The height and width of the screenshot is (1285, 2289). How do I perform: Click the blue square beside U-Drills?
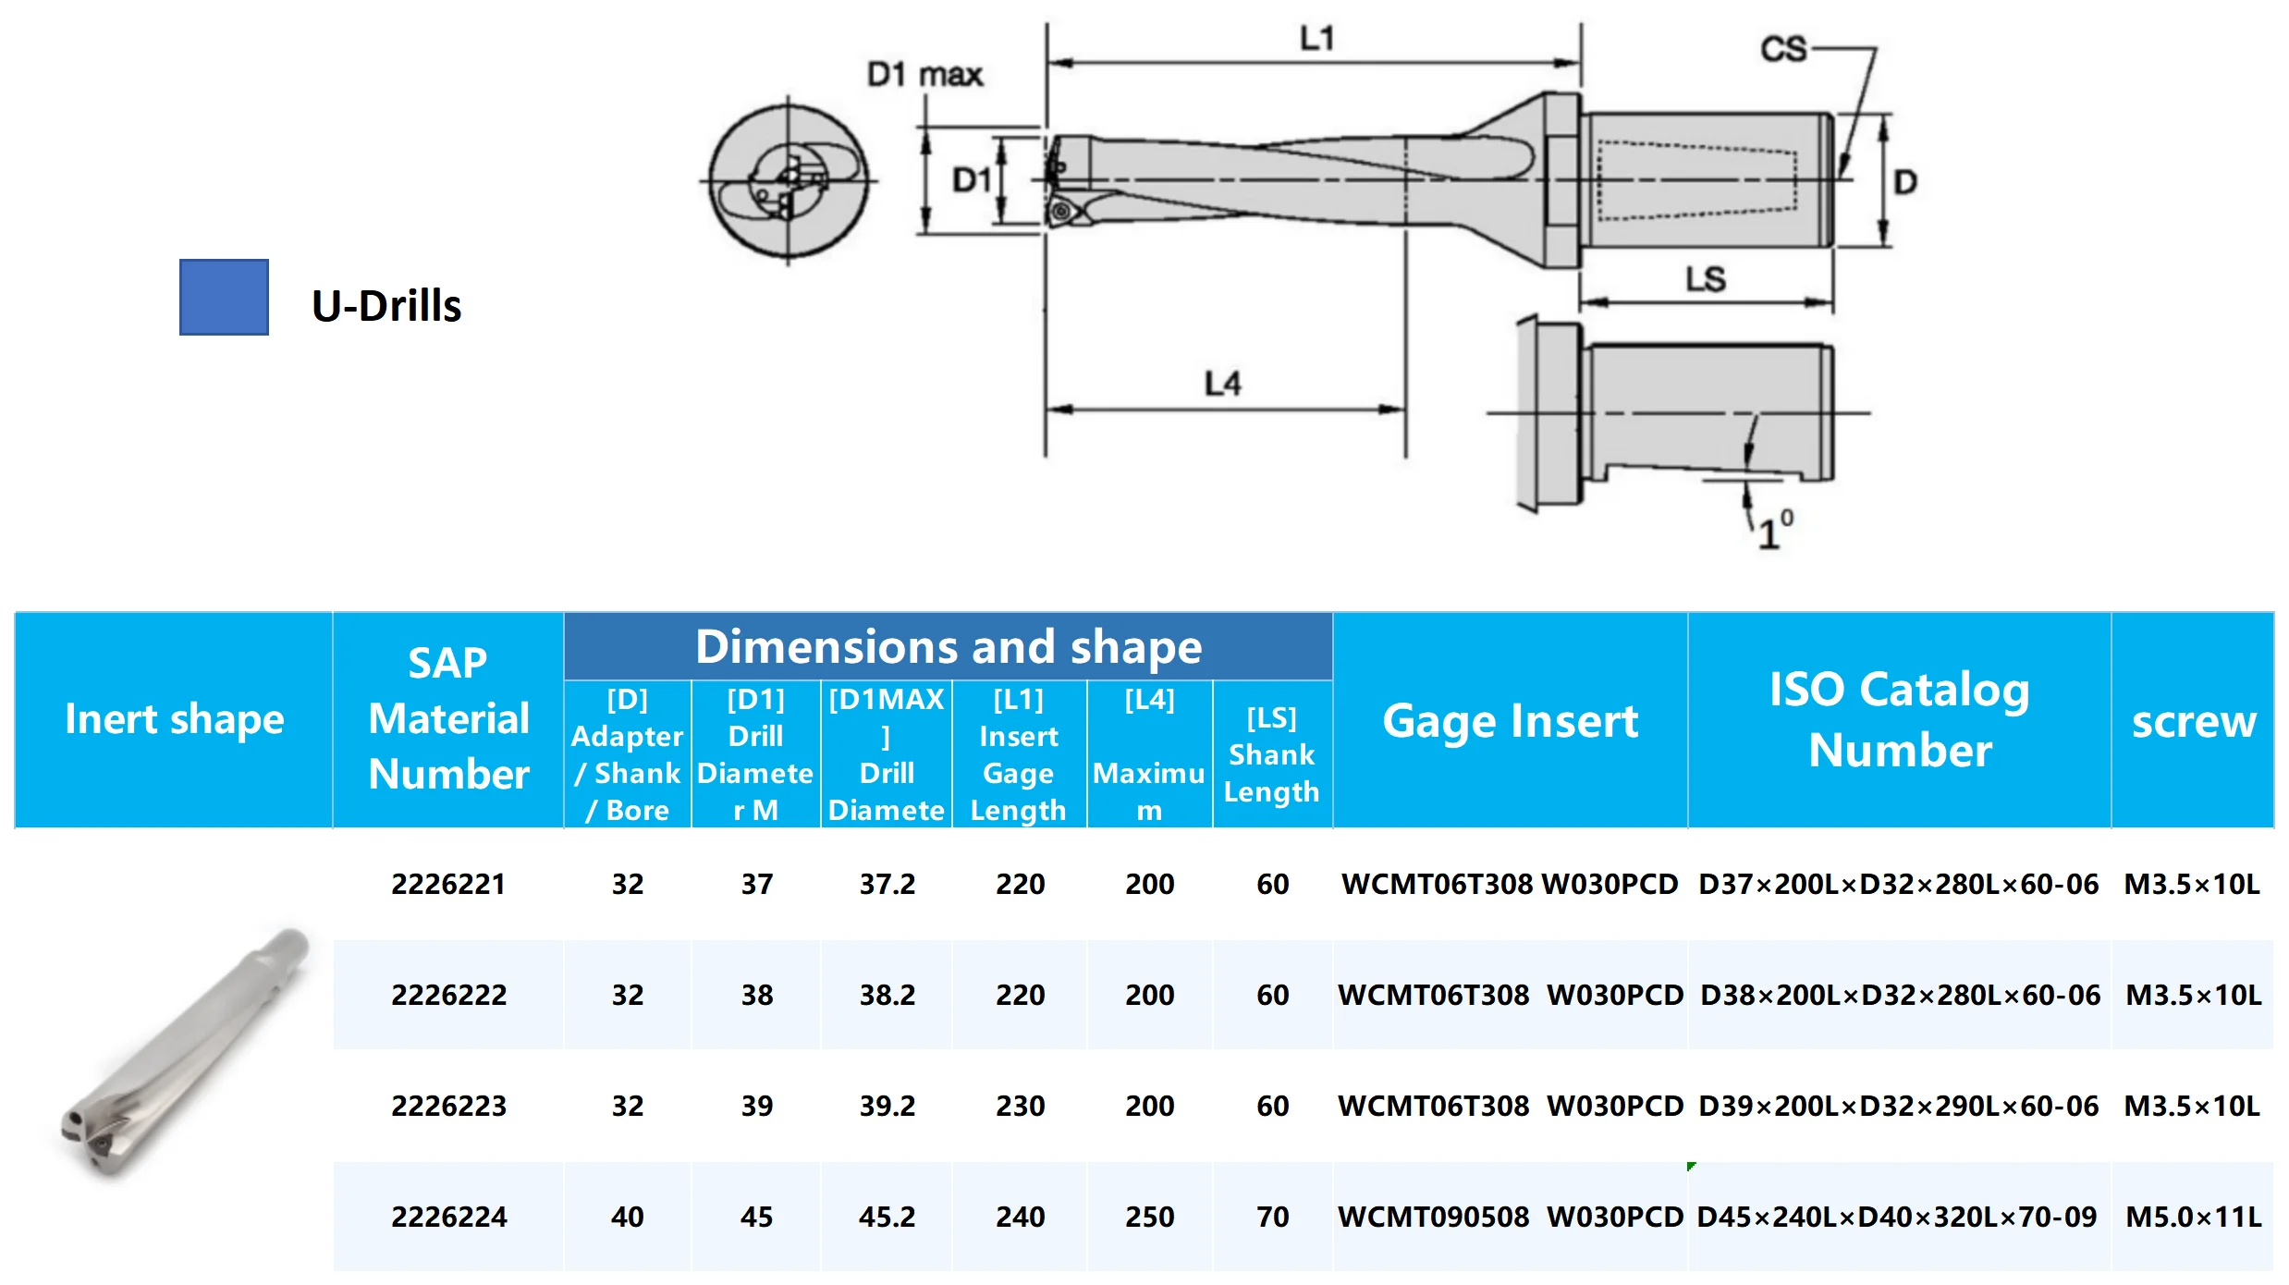[x=224, y=297]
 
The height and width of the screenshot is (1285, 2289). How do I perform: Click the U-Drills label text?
[x=386, y=306]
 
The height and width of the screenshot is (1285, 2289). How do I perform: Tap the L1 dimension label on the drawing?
[x=1316, y=39]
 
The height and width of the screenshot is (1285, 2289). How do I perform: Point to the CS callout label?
[x=1782, y=49]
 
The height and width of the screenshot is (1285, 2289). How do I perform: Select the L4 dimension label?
[x=1222, y=384]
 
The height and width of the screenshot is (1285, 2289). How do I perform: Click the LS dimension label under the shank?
[x=1705, y=279]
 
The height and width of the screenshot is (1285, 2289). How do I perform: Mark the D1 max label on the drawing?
[x=924, y=75]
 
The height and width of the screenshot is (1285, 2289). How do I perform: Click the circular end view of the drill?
[x=788, y=181]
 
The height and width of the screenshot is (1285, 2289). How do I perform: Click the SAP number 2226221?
[x=448, y=885]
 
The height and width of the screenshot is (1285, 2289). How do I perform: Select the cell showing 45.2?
[x=887, y=1217]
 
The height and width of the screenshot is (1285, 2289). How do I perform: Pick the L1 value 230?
[x=1020, y=1106]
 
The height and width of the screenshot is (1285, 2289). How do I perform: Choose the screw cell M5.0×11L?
[x=2193, y=1217]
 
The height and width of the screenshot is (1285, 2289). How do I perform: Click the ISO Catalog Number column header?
[x=1899, y=719]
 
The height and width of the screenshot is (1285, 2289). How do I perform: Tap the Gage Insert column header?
[x=1510, y=721]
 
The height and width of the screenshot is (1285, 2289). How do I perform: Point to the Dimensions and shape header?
[x=948, y=646]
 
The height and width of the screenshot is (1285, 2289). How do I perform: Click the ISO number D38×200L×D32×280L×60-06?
[x=1900, y=995]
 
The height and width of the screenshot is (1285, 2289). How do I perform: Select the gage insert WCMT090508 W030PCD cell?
[x=1510, y=1217]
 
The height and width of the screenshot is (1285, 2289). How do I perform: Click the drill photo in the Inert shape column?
[x=185, y=1054]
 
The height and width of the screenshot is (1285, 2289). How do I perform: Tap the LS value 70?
[x=1272, y=1217]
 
